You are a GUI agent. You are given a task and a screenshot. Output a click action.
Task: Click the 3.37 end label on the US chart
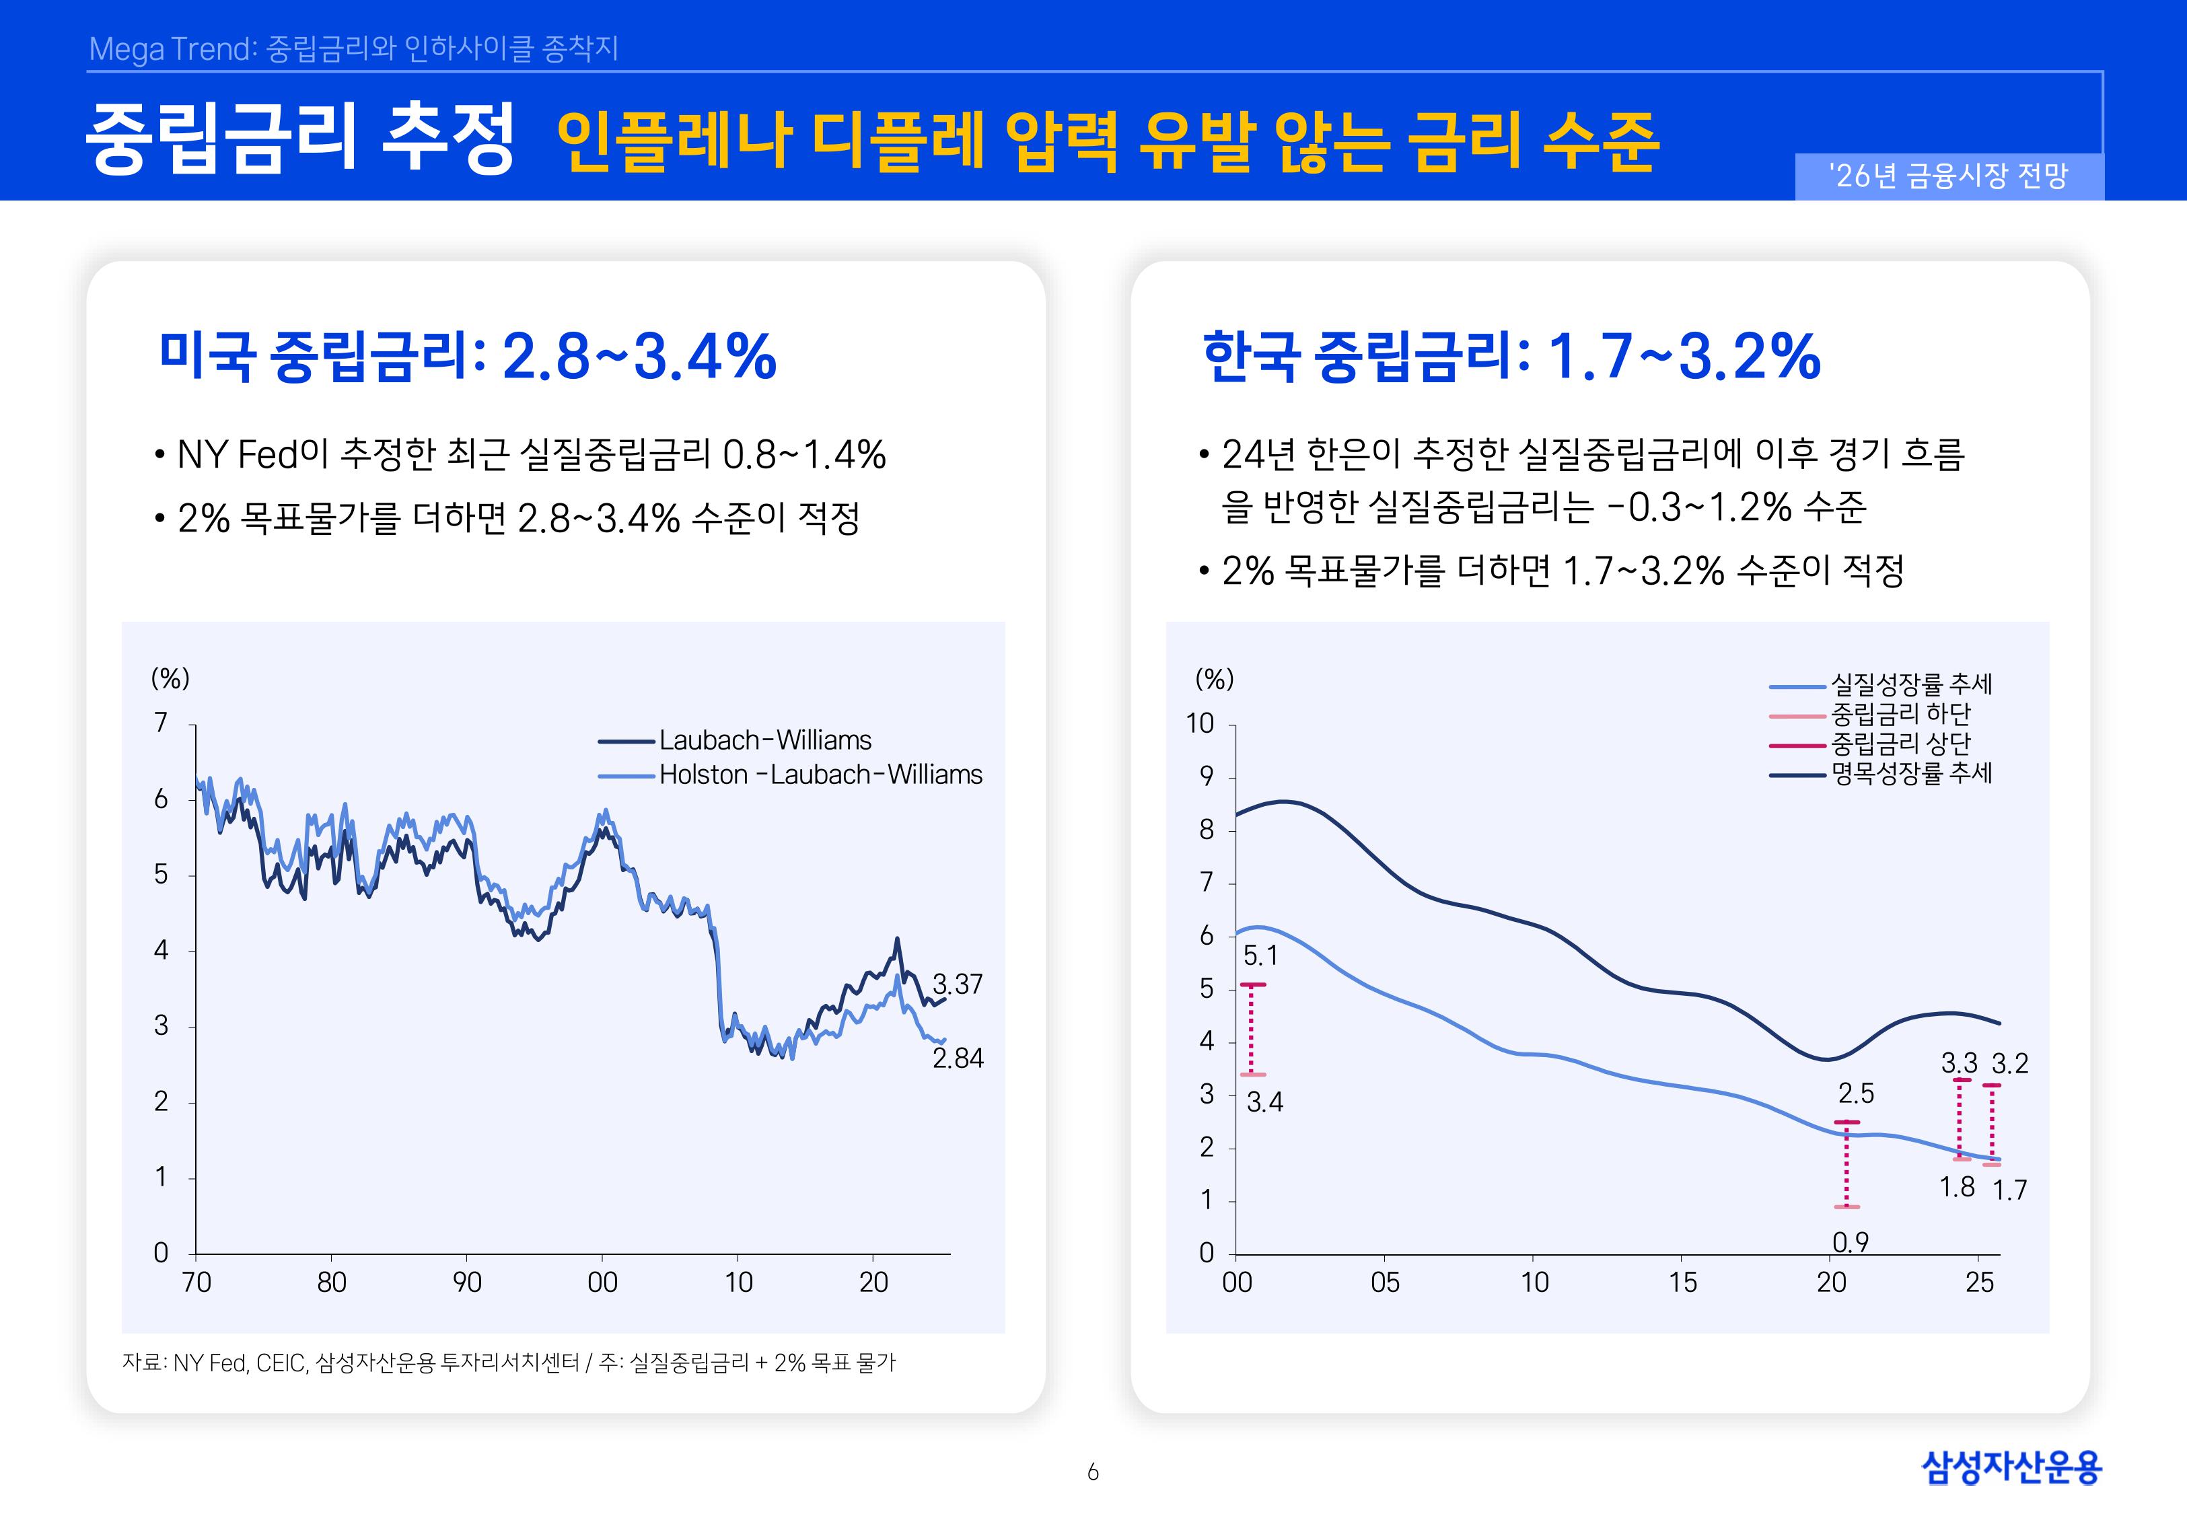tap(957, 984)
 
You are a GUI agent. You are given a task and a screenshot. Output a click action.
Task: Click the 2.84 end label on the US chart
tap(958, 1058)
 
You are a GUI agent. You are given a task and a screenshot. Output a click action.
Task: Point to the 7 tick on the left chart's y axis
tap(162, 723)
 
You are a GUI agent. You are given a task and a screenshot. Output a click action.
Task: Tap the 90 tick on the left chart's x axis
tap(466, 1283)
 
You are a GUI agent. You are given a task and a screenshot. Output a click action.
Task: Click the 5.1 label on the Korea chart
tap(1260, 956)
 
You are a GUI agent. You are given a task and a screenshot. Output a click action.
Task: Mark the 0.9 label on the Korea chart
tap(1851, 1241)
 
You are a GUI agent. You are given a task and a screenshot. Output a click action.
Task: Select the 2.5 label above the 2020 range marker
tap(1856, 1093)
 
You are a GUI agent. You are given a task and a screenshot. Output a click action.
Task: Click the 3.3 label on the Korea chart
tap(1960, 1063)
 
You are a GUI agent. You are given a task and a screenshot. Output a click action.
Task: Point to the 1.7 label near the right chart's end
tap(2009, 1190)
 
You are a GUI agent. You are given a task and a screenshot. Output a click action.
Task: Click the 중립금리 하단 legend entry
tap(1900, 713)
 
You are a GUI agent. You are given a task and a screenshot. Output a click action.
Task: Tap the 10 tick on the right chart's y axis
tap(1200, 724)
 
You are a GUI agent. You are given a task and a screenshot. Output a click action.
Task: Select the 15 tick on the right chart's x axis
tap(1682, 1283)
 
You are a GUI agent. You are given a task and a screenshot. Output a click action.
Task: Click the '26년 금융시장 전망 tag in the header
tap(1948, 176)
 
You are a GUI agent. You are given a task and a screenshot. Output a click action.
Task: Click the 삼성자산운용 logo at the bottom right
tap(2011, 1468)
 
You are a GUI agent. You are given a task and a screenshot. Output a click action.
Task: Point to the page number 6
tap(1093, 1472)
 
